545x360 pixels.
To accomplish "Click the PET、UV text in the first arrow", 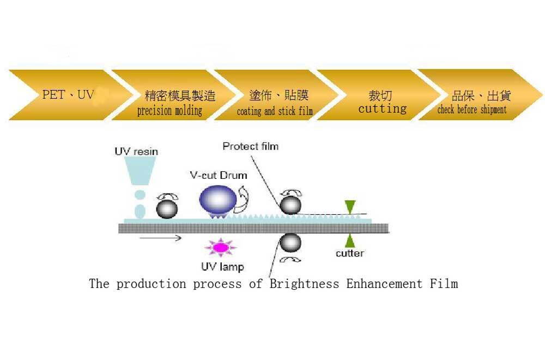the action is pyautogui.click(x=68, y=94).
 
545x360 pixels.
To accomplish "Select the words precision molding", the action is pyautogui.click(x=169, y=111).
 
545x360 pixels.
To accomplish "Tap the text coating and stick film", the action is pyautogui.click(x=275, y=111).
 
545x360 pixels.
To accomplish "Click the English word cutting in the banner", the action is pyautogui.click(x=383, y=109).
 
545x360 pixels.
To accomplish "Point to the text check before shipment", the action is pyautogui.click(x=472, y=110).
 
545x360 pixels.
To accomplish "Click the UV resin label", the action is pyautogui.click(x=136, y=152).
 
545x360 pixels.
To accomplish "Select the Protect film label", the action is pyautogui.click(x=251, y=146).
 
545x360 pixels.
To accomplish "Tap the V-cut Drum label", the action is pyautogui.click(x=219, y=175).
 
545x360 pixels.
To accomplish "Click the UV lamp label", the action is pyautogui.click(x=222, y=267).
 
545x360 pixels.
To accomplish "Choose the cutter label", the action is pyautogui.click(x=350, y=253).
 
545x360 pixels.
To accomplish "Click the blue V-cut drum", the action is pyautogui.click(x=218, y=200).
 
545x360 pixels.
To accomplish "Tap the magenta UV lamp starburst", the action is pyautogui.click(x=220, y=247).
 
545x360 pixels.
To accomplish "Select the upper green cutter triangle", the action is pyautogui.click(x=350, y=206).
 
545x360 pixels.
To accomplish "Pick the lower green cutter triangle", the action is pyautogui.click(x=350, y=241).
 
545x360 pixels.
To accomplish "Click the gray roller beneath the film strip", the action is pyautogui.click(x=290, y=242).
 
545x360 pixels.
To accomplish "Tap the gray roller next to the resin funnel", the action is pyautogui.click(x=167, y=209).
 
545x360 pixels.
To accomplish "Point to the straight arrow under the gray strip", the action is pyautogui.click(x=161, y=238).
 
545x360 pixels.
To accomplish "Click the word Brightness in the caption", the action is pyautogui.click(x=304, y=284).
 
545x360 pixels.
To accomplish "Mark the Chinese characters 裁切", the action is pyautogui.click(x=380, y=95).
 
